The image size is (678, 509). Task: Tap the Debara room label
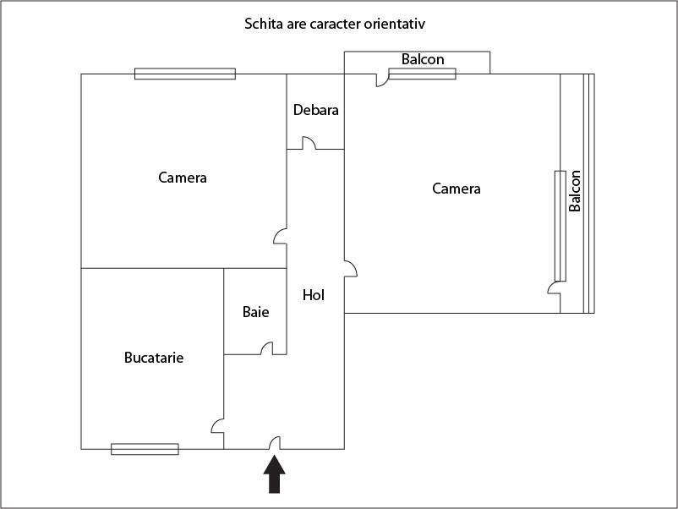[x=315, y=110]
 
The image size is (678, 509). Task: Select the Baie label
[x=255, y=312]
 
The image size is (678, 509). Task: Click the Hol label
[x=314, y=295]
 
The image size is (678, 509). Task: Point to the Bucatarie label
[x=154, y=358]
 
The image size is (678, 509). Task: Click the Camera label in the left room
[x=183, y=178]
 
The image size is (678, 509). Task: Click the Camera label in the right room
[x=457, y=189]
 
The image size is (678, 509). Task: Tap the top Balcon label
[x=423, y=59]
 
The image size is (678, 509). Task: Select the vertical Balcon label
[x=575, y=191]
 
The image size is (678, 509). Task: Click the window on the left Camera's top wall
[x=185, y=74]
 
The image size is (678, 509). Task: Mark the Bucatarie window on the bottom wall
[x=145, y=449]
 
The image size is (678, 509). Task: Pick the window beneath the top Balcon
[x=422, y=74]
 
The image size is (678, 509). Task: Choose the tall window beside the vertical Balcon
[x=560, y=226]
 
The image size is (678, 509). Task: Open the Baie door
[x=267, y=348]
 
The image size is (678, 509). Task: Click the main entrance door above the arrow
[x=275, y=442]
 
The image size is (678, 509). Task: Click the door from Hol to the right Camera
[x=350, y=268]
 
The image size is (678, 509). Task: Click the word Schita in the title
[x=263, y=23]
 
